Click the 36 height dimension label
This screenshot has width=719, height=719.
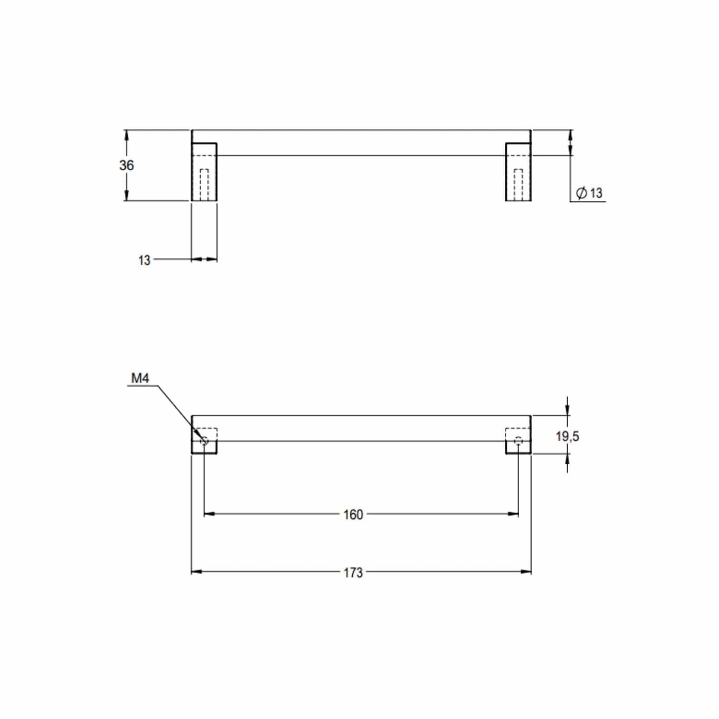127,165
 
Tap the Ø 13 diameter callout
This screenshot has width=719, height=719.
589,193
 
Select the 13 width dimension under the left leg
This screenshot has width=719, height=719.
144,260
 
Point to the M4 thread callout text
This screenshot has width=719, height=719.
140,379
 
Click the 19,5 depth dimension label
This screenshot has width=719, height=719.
568,436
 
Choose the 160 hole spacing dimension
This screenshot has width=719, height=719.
353,515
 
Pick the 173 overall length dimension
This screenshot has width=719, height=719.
353,572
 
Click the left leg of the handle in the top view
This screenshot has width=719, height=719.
204,172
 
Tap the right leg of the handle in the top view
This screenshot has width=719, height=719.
518,172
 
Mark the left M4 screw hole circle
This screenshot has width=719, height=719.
205,441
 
